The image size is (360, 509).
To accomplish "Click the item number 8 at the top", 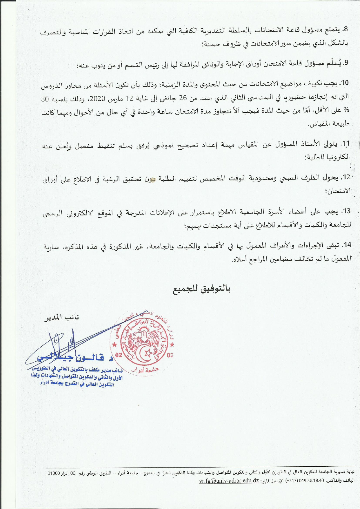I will (x=345, y=30).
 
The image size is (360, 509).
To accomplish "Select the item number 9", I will (x=346, y=63).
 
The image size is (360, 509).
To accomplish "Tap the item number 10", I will (x=344, y=83).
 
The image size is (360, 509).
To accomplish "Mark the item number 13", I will (x=346, y=211).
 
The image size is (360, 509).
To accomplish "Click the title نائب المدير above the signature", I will (x=61, y=317).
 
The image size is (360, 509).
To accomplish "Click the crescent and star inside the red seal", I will (x=148, y=353).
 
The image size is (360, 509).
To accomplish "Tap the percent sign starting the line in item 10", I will (x=347, y=111).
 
